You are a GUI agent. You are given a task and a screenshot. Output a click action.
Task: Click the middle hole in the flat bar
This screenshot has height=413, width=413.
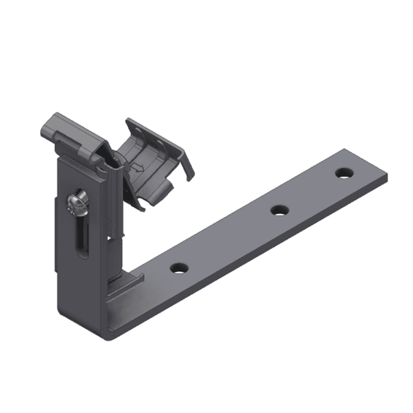[x=278, y=209]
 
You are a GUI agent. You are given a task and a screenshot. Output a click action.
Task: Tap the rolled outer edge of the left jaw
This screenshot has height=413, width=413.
[x=48, y=127]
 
